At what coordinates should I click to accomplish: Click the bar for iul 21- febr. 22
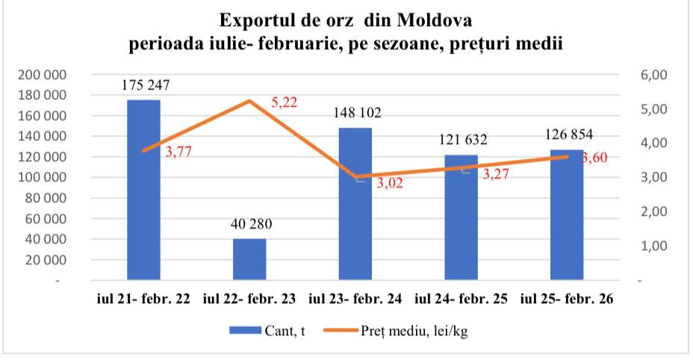pos(143,190)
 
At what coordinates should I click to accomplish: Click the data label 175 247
pos(146,85)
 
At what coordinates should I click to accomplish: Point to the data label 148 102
pos(357,114)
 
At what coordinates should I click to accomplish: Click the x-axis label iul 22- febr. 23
pos(249,300)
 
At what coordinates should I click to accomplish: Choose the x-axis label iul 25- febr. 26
pos(567,300)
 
